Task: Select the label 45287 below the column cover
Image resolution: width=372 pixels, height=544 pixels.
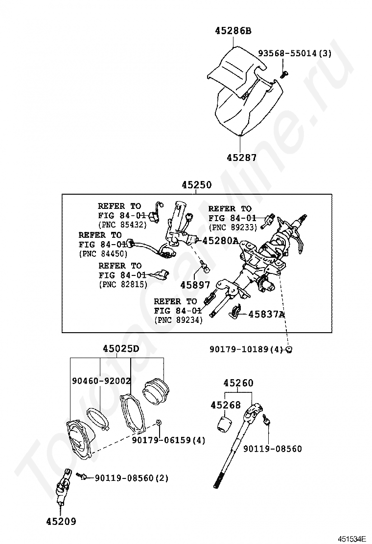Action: pyautogui.click(x=241, y=158)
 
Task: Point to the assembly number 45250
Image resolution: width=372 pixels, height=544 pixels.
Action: pyautogui.click(x=196, y=185)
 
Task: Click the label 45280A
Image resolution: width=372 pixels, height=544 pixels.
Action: pyautogui.click(x=220, y=241)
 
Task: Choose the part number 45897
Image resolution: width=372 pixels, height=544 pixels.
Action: pyautogui.click(x=195, y=285)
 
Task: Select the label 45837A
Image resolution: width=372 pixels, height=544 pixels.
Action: pyautogui.click(x=266, y=314)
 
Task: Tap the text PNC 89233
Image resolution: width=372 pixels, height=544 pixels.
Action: pyautogui.click(x=232, y=227)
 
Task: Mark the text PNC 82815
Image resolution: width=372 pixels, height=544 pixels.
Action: pyautogui.click(x=123, y=284)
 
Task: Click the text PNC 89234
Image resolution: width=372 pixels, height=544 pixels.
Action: pyautogui.click(x=178, y=320)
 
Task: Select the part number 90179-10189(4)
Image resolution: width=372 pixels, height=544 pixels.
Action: pyautogui.click(x=246, y=349)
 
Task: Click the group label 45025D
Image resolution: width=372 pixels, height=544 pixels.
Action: pyautogui.click(x=121, y=349)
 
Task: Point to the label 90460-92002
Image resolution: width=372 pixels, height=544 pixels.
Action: pyautogui.click(x=101, y=381)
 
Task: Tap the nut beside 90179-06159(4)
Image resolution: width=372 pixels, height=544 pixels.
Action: pyautogui.click(x=159, y=422)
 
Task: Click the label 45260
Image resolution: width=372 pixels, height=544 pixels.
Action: pyautogui.click(x=238, y=383)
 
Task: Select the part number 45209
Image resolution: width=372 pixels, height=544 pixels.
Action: pyautogui.click(x=61, y=521)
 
